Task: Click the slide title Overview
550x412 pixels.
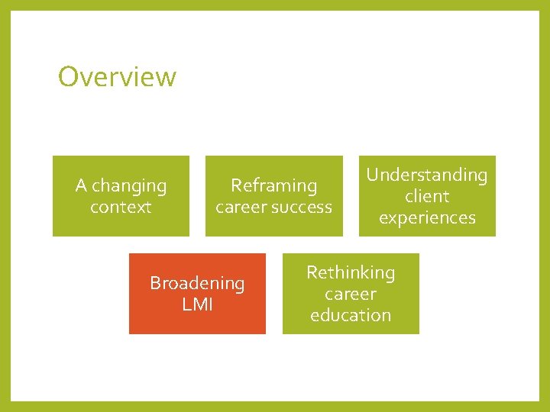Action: [x=117, y=76]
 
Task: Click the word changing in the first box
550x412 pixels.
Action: [x=129, y=186]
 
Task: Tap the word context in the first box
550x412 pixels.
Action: [x=121, y=207]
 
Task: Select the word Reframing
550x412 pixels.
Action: [x=273, y=186]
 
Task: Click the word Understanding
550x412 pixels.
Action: [x=426, y=175]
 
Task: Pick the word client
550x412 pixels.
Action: [x=426, y=196]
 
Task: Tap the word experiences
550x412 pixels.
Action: [x=426, y=218]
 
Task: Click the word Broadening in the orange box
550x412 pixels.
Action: [x=197, y=283]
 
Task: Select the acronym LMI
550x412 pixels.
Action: [x=197, y=304]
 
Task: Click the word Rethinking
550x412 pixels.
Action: [x=351, y=272]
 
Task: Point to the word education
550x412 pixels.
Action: [x=351, y=315]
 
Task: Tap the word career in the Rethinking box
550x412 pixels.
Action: [x=351, y=294]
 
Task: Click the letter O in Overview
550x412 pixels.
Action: [x=69, y=76]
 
